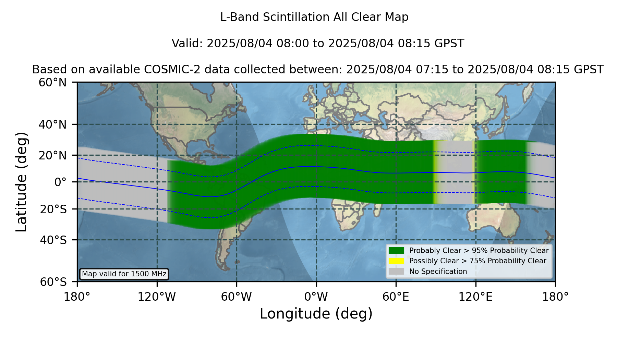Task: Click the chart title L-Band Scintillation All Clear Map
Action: click(x=314, y=17)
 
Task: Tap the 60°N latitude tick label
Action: click(x=53, y=82)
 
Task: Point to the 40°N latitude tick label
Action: click(x=53, y=124)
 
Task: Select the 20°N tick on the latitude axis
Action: click(x=53, y=155)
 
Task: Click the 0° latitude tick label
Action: click(x=60, y=182)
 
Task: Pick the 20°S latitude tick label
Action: click(x=53, y=209)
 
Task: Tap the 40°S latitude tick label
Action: click(x=53, y=240)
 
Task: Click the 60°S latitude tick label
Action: click(x=53, y=282)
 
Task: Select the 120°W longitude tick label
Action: click(x=157, y=297)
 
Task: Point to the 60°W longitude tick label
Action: click(x=237, y=297)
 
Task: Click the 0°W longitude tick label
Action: click(x=316, y=297)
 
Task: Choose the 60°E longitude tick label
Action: click(x=396, y=297)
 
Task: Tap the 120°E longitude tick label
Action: click(x=476, y=297)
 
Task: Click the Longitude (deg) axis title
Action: click(x=316, y=314)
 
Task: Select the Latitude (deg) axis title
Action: click(x=21, y=182)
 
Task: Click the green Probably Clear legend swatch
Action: click(x=397, y=250)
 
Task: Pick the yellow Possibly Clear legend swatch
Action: click(x=397, y=261)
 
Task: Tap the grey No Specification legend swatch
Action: click(x=397, y=271)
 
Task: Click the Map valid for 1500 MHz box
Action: click(x=124, y=274)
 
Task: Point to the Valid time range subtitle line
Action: click(x=318, y=44)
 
